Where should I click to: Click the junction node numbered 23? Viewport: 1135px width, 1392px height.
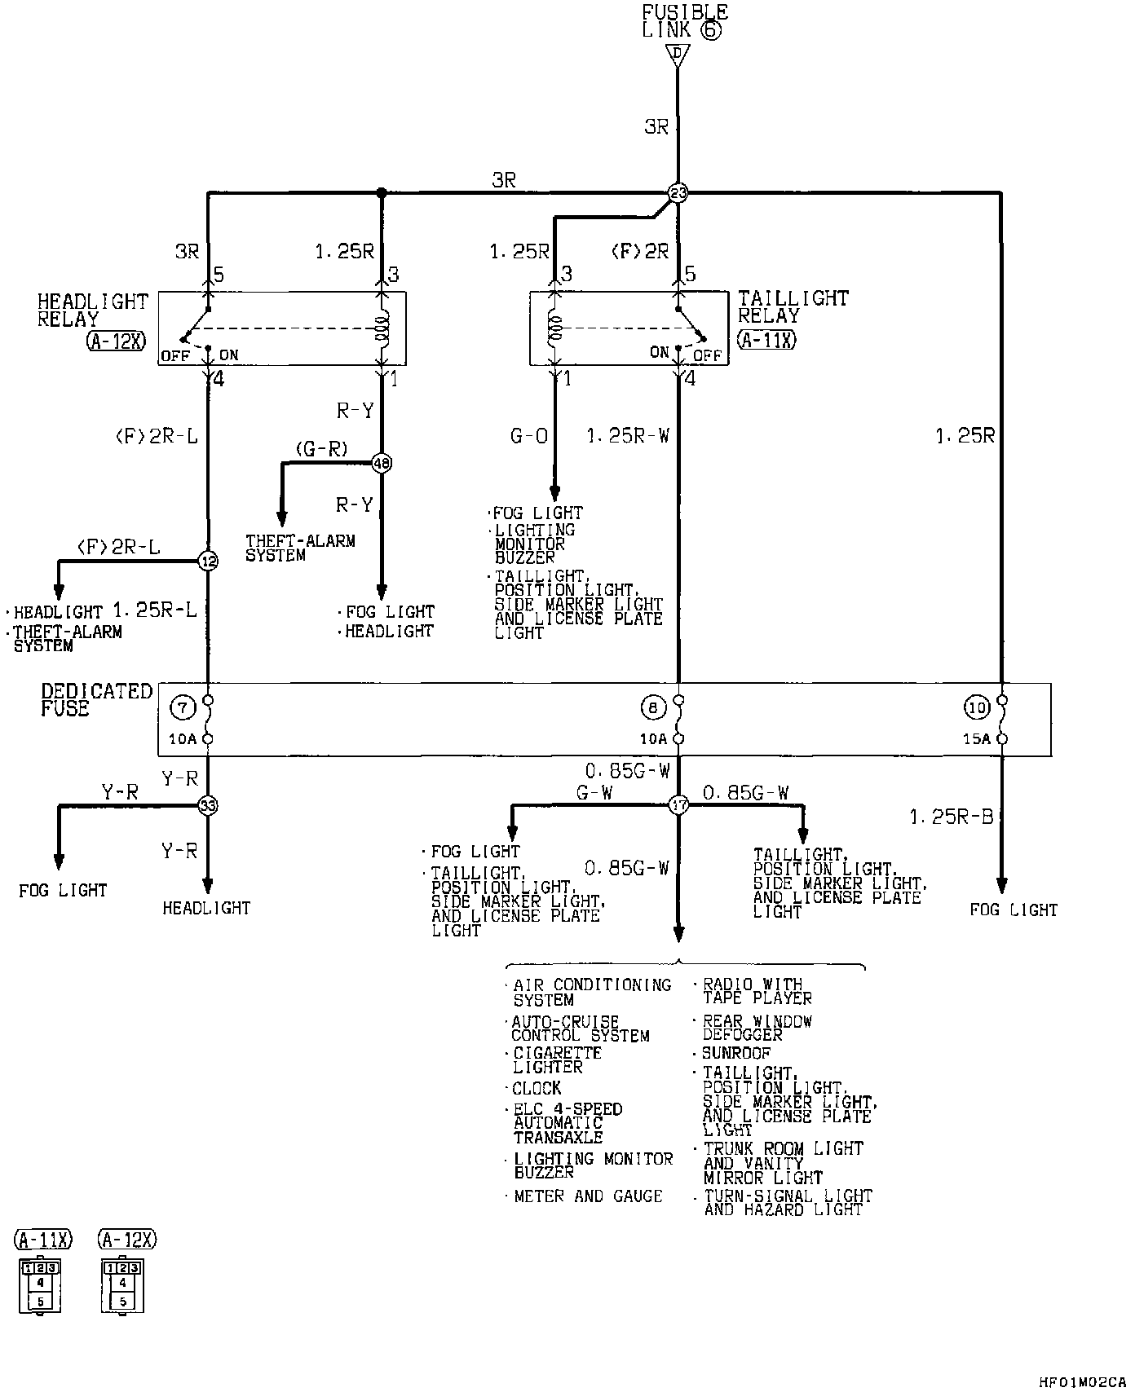[678, 193]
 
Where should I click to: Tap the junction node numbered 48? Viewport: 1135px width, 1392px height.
[382, 463]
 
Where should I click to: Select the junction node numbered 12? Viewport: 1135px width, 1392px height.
[208, 561]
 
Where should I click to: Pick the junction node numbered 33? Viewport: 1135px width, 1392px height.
[208, 805]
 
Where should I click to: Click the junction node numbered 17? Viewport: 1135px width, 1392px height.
[678, 805]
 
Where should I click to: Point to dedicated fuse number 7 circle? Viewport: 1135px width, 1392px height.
[182, 707]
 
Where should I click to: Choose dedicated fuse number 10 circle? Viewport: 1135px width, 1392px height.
[977, 707]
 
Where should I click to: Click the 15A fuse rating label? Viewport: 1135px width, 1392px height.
[977, 739]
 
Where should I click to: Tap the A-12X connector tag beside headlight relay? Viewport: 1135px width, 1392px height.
[116, 341]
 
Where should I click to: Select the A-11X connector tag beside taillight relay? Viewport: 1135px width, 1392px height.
[766, 340]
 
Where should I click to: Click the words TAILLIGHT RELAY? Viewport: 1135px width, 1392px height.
[793, 307]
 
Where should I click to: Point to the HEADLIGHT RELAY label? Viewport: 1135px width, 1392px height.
[92, 310]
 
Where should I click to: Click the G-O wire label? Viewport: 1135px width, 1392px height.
[528, 437]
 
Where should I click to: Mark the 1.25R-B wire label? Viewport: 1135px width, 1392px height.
[951, 816]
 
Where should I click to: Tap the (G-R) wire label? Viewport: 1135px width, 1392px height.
[321, 448]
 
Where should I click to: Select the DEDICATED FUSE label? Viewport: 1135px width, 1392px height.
[96, 699]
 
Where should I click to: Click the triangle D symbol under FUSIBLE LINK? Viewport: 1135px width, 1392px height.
[677, 55]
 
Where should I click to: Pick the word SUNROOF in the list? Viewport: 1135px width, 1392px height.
[736, 1053]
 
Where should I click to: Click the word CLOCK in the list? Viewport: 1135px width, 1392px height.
[537, 1088]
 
